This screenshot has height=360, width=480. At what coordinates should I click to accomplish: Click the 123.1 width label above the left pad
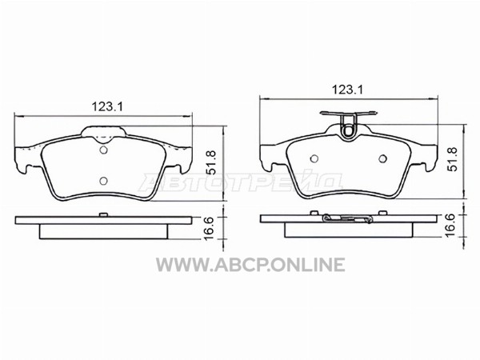[107, 106]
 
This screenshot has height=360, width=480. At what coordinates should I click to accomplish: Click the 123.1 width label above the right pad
[347, 90]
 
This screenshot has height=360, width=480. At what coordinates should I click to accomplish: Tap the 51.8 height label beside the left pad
[211, 162]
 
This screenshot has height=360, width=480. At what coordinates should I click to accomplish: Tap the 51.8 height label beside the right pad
[453, 159]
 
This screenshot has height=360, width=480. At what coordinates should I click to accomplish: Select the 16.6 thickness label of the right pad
[450, 226]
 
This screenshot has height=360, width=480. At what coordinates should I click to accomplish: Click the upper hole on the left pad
[103, 150]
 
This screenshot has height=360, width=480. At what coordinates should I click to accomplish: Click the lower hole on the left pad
[103, 181]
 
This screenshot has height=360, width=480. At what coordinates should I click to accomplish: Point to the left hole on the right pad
[314, 158]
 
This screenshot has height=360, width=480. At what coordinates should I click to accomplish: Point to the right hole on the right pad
[382, 158]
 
